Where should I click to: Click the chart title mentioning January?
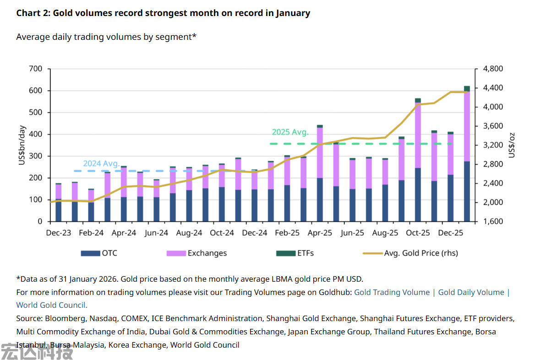[x=163, y=13]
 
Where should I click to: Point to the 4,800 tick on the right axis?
[x=493, y=69]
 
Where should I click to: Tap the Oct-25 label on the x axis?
[x=418, y=233]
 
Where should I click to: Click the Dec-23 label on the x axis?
[x=59, y=233]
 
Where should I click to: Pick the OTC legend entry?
[x=99, y=253]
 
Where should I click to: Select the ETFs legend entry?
[x=295, y=253]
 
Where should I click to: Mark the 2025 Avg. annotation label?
[x=290, y=132]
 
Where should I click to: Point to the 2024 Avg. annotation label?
[x=101, y=164]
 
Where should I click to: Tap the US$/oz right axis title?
[x=512, y=145]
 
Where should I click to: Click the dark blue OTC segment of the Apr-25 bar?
[x=320, y=199]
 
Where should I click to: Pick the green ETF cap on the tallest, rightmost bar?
[x=467, y=88]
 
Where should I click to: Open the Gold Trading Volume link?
[x=392, y=292]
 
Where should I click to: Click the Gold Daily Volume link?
[x=471, y=292]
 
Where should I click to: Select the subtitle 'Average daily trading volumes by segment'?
[x=106, y=37]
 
